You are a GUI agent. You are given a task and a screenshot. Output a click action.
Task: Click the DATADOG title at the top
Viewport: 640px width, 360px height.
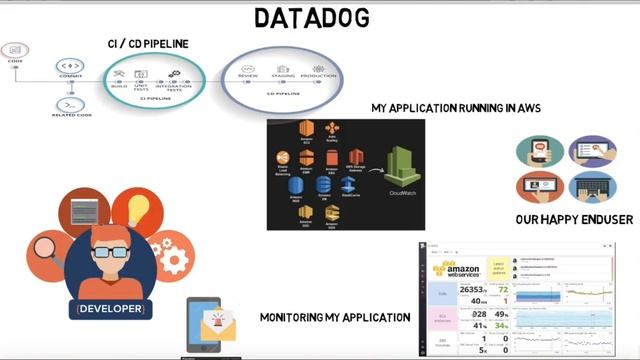pyautogui.click(x=311, y=17)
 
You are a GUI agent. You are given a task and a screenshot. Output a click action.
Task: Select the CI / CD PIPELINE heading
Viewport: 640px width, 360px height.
pyautogui.click(x=148, y=44)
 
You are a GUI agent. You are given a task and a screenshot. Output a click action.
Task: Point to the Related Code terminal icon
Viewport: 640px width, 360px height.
pyautogui.click(x=70, y=105)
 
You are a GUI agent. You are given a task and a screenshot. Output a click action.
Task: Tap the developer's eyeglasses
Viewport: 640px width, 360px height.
pyautogui.click(x=106, y=251)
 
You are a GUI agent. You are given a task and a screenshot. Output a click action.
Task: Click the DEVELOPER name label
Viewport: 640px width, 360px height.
pyautogui.click(x=109, y=309)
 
